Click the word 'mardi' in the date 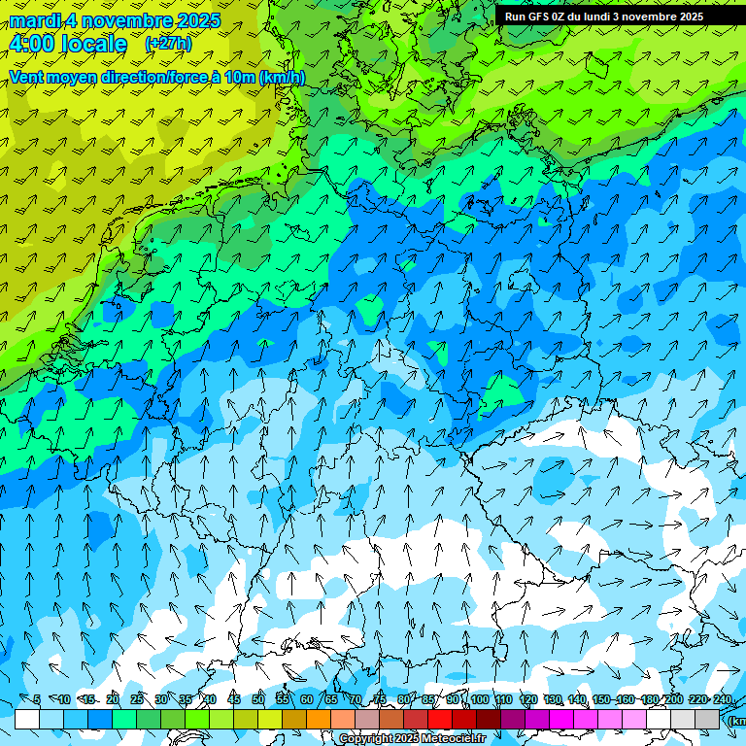coord(35,20)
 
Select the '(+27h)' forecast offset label coord(168,44)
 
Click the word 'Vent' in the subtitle coord(27,77)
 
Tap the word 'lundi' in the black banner coord(617,17)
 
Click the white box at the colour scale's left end coord(27,719)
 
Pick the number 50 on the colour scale coord(258,699)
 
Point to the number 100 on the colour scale coord(480,699)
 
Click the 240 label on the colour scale coord(723,699)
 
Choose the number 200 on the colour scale coord(674,699)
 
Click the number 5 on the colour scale coord(37,699)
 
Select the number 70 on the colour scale coord(356,699)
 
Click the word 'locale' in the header coord(92,44)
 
